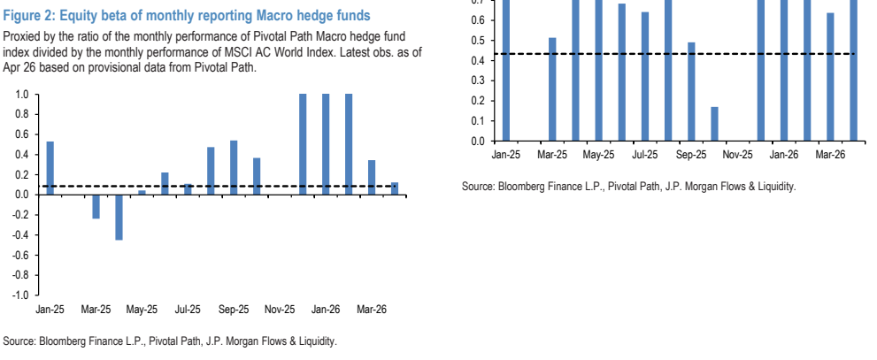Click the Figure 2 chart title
coord(187,15)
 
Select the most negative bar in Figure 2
coord(119,218)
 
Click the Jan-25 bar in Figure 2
coord(50,168)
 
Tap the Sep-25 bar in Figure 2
coord(234,168)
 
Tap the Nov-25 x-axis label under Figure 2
coord(280,309)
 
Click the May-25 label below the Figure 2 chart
coord(142,309)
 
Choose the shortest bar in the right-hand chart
coord(714,124)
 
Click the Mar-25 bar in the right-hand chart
coord(552,89)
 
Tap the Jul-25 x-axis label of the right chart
coord(645,154)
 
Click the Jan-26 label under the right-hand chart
coord(783,154)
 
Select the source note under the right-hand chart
coord(628,187)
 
